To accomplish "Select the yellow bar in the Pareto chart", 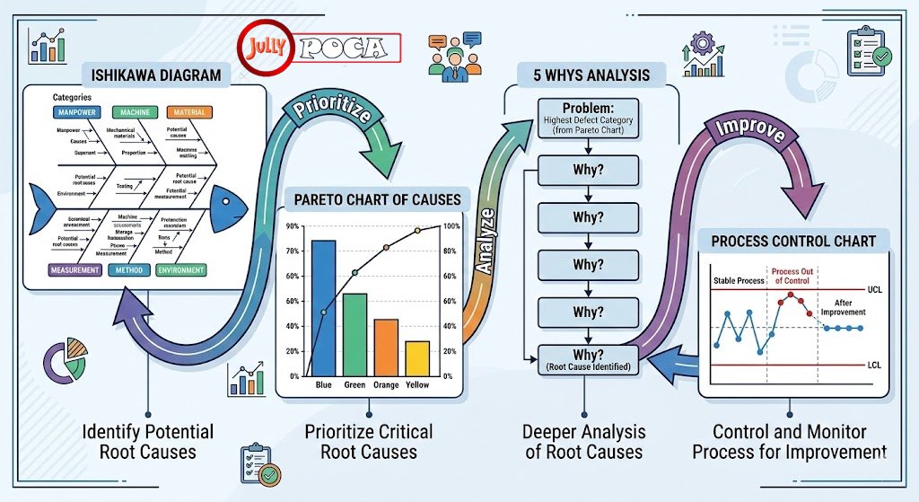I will click(x=416, y=357).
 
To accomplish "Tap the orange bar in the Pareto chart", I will click(x=385, y=347).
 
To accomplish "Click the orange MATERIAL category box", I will click(x=188, y=113).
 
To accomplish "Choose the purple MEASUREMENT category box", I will click(x=74, y=269).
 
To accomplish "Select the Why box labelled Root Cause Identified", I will click(x=588, y=359).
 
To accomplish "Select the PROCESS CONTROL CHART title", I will click(x=792, y=242).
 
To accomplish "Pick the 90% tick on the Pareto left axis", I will click(x=293, y=226).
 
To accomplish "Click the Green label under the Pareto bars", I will click(x=354, y=385).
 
